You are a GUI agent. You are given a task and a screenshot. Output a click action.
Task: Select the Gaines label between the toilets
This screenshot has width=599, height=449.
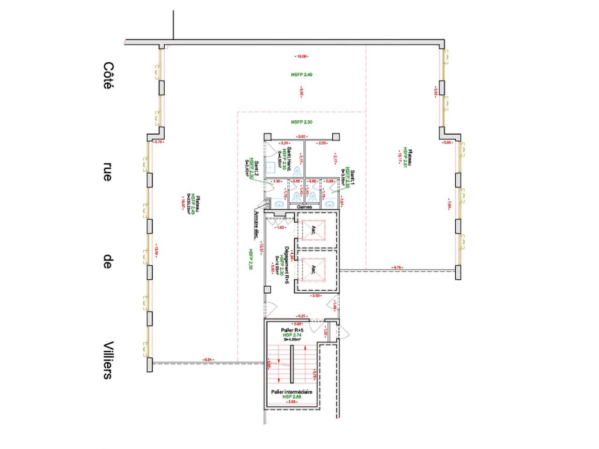coord(304,206)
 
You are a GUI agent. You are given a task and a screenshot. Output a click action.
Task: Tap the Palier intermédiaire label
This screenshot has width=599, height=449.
coord(292,392)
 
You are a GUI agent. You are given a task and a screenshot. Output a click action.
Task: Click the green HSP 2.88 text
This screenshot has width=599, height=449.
coord(292,397)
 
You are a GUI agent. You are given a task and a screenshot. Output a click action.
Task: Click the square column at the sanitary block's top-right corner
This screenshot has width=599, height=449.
coord(336,136)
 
